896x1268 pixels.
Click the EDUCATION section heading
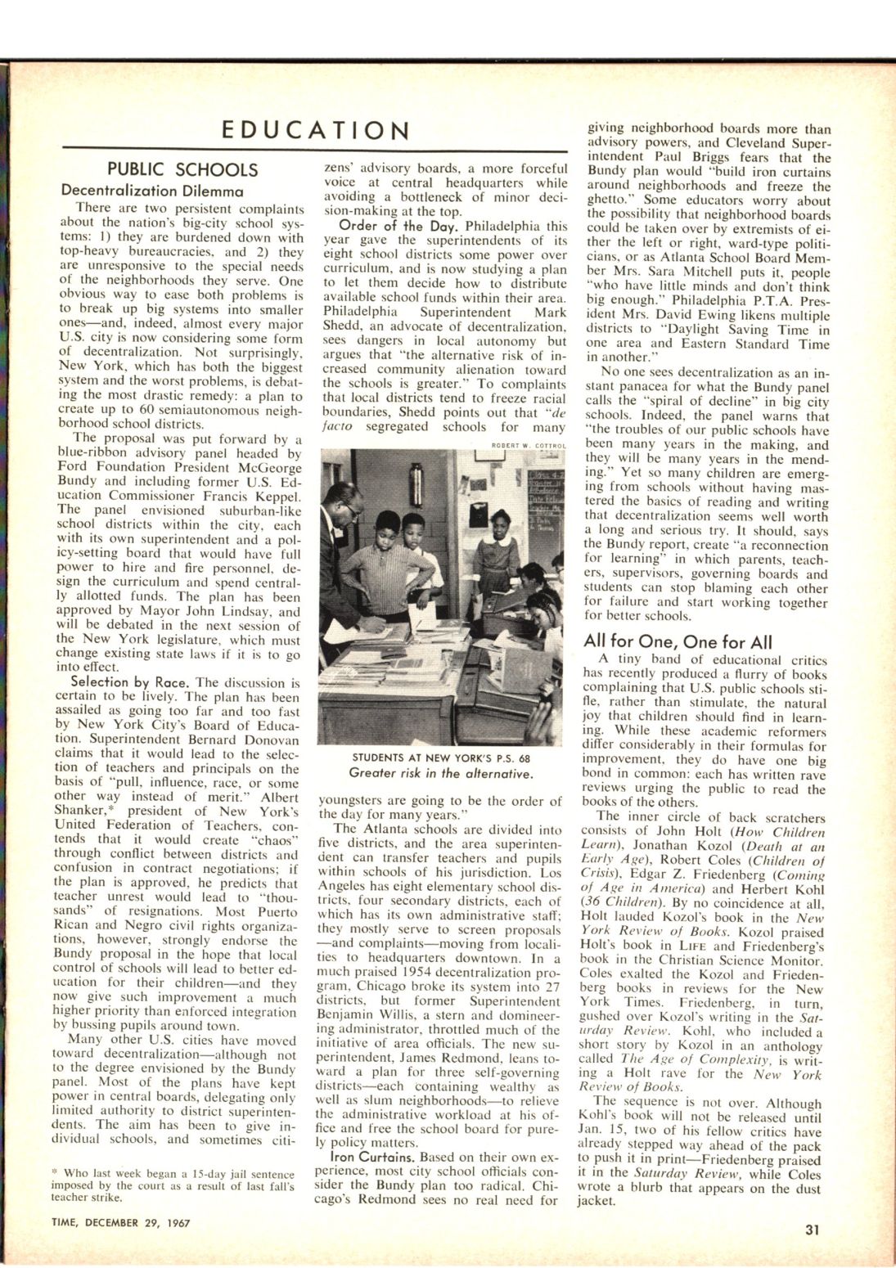point(316,131)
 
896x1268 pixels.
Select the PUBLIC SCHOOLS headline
point(182,170)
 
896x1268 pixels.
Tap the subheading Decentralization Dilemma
point(153,191)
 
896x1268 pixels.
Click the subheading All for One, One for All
point(678,641)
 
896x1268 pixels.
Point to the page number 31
point(813,1227)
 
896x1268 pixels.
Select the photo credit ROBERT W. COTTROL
point(529,445)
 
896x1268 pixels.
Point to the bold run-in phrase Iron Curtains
point(365,1158)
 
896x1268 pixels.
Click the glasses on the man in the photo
point(350,509)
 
